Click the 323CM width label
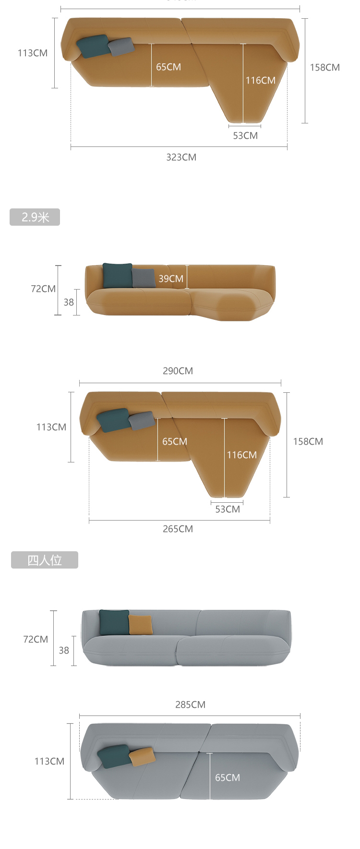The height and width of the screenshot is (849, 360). pyautogui.click(x=181, y=157)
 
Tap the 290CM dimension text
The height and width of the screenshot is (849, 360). pyautogui.click(x=178, y=371)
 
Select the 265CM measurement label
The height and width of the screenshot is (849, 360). pyautogui.click(x=178, y=529)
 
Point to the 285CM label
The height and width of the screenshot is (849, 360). pyautogui.click(x=190, y=704)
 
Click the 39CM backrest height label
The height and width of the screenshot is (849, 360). pyautogui.click(x=171, y=279)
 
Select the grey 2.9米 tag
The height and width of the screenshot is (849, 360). pyautogui.click(x=35, y=217)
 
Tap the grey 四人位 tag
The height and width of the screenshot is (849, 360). pyautogui.click(x=45, y=560)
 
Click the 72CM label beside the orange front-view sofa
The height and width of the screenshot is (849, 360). pyautogui.click(x=43, y=289)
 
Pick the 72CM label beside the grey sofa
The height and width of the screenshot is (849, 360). pyautogui.click(x=36, y=639)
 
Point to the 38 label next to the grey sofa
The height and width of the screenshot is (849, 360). pyautogui.click(x=64, y=650)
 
